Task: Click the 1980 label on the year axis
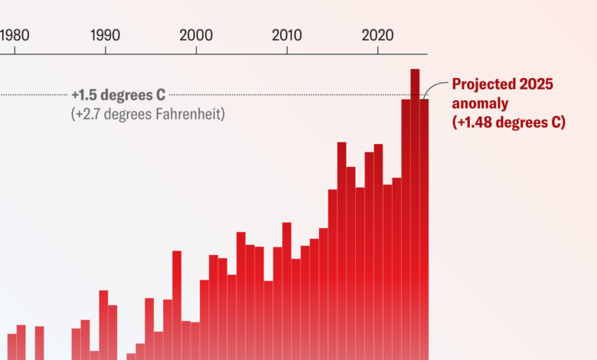click(15, 35)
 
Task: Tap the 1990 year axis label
click(105, 35)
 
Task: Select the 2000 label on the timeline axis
click(196, 35)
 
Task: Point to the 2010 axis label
click(287, 35)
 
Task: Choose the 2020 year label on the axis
click(377, 35)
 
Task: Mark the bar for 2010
click(287, 291)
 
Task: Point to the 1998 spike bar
click(177, 306)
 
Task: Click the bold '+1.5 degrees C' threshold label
click(118, 96)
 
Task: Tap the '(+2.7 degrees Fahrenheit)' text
click(148, 115)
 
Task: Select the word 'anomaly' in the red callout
click(480, 103)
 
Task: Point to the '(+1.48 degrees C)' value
click(508, 122)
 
